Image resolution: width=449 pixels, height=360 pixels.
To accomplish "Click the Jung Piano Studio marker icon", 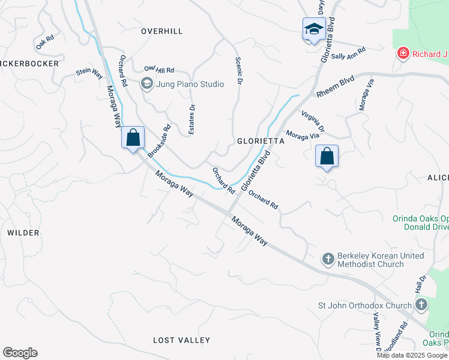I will (x=146, y=84).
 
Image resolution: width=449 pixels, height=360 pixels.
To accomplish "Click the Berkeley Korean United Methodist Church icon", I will (x=328, y=259).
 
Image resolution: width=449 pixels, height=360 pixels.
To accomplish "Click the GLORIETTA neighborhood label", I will (x=260, y=141).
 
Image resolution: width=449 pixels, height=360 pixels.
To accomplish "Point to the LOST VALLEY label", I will (x=181, y=340).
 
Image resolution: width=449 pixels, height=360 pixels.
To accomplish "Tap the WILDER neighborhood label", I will (x=23, y=232).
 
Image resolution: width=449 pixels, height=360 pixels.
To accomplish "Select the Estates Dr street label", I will (x=192, y=120).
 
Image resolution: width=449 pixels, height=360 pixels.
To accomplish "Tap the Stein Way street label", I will (x=89, y=73).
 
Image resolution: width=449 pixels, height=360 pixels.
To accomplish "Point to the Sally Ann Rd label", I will (x=348, y=54).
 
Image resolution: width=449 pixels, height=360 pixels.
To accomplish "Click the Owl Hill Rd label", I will (x=159, y=70).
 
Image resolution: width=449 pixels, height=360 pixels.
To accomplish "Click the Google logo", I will (x=20, y=353).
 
